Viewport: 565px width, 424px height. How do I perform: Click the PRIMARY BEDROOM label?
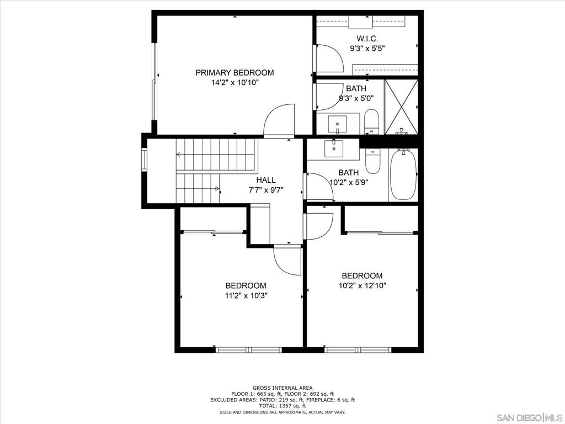click(x=234, y=72)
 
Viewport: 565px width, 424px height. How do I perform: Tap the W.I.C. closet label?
click(x=367, y=39)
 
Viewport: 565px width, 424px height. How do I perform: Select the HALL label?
click(x=266, y=180)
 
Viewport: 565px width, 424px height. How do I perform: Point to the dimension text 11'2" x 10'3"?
click(x=246, y=296)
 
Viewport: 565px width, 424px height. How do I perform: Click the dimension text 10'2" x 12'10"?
click(x=362, y=286)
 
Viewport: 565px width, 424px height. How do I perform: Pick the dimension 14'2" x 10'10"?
click(x=235, y=83)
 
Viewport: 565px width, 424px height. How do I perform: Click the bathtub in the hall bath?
click(x=403, y=174)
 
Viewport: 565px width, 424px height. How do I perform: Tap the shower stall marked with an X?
click(x=402, y=107)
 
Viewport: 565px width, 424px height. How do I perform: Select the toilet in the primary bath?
click(x=371, y=122)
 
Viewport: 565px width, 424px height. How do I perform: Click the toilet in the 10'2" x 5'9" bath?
click(x=372, y=161)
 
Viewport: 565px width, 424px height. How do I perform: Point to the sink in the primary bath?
click(x=337, y=125)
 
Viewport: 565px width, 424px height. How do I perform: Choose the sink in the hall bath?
click(x=334, y=149)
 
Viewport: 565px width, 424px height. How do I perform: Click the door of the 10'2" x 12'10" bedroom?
click(x=318, y=226)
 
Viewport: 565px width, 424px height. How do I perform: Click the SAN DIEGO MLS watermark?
click(x=530, y=417)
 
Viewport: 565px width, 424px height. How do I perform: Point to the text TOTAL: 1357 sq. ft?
click(x=282, y=406)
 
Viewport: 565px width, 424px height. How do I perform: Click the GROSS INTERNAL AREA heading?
click(x=282, y=388)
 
